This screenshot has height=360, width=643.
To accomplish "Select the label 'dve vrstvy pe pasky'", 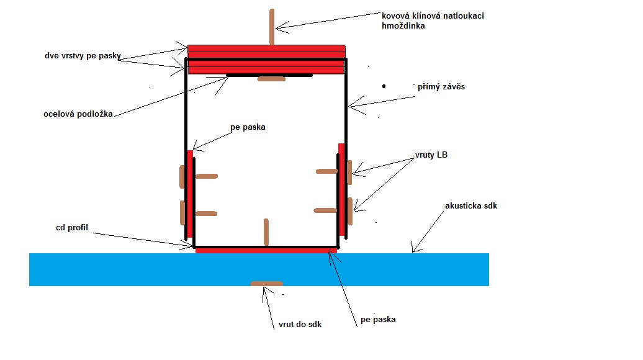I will pos(82,56).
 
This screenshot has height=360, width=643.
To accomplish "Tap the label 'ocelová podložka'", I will pos(78,114).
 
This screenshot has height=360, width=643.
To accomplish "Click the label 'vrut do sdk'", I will pos(296,324).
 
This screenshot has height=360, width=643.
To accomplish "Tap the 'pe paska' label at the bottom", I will pos(378,320).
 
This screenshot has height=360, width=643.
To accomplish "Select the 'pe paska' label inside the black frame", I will pos(248,127).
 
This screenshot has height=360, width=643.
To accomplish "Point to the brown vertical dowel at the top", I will pos(272,27).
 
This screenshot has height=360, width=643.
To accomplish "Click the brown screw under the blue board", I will pos(267,284).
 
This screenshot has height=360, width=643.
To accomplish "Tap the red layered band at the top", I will pos(266,60).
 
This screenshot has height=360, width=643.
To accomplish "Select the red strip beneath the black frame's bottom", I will pos(266,251).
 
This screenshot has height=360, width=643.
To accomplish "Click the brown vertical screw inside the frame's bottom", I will pos(266,232).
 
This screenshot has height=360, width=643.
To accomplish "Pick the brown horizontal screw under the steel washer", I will pos(271,79).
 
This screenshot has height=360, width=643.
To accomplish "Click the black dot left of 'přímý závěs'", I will pos(384,86).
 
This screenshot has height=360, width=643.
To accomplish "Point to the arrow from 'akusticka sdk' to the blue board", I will pos(428,233).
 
